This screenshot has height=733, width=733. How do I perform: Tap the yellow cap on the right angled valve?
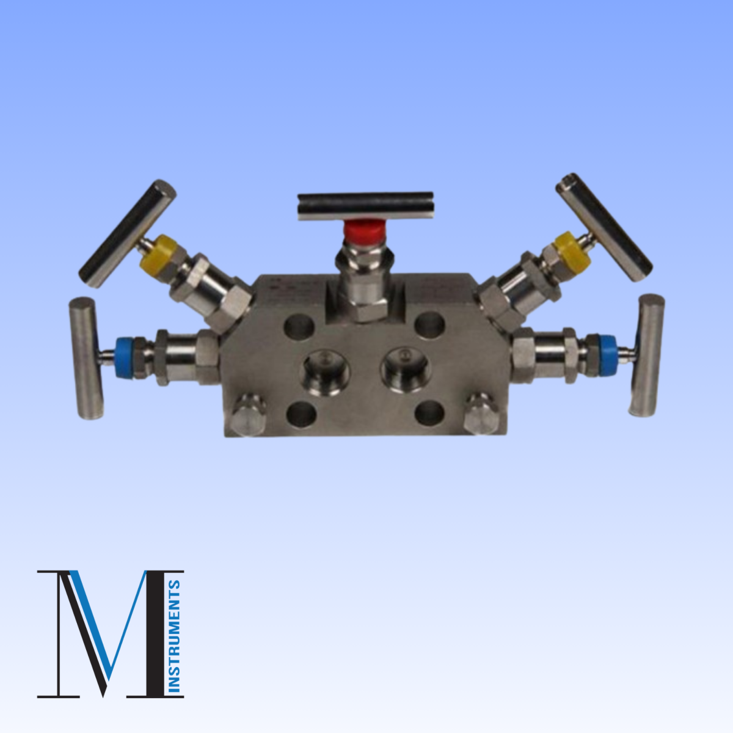[x=572, y=250]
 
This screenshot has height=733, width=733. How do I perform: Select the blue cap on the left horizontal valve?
[x=128, y=357]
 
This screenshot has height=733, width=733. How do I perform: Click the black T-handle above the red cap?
[x=365, y=205]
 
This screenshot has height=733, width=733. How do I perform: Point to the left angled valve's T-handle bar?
[x=128, y=233]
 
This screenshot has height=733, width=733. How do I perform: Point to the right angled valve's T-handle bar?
[x=605, y=227]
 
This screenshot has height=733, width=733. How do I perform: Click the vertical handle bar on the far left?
[x=86, y=359]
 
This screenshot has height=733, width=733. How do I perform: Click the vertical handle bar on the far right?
[x=646, y=356]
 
